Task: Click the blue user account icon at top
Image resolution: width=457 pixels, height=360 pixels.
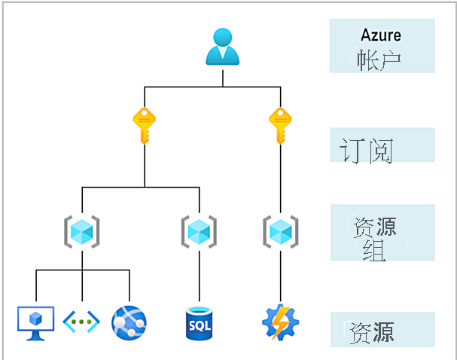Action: (x=223, y=46)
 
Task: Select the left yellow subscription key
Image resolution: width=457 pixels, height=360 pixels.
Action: (x=145, y=124)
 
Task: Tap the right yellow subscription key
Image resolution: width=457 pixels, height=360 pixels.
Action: (x=280, y=124)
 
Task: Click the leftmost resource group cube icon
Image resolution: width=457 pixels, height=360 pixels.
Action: (x=82, y=230)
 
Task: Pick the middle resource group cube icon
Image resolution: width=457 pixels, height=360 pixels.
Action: (x=199, y=230)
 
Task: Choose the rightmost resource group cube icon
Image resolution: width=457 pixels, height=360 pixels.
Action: (x=280, y=230)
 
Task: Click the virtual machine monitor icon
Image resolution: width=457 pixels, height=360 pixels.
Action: (x=35, y=322)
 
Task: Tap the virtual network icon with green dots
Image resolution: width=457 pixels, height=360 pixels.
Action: (x=81, y=322)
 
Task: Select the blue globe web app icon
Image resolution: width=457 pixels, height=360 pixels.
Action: (x=128, y=322)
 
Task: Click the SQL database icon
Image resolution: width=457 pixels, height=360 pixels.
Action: (x=200, y=322)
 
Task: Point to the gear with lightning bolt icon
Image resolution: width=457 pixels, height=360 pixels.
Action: (x=280, y=322)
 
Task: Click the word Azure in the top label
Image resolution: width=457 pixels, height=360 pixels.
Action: (x=381, y=35)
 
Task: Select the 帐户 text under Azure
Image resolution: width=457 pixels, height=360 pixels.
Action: (x=381, y=59)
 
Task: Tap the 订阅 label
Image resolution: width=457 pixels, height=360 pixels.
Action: (x=366, y=151)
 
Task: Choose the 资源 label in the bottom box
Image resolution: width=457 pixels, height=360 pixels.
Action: (x=371, y=332)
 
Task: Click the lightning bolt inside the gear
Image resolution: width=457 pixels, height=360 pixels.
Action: (x=280, y=322)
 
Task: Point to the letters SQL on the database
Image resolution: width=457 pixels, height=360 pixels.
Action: (x=200, y=327)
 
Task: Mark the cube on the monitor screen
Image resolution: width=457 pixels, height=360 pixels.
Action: (x=35, y=318)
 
